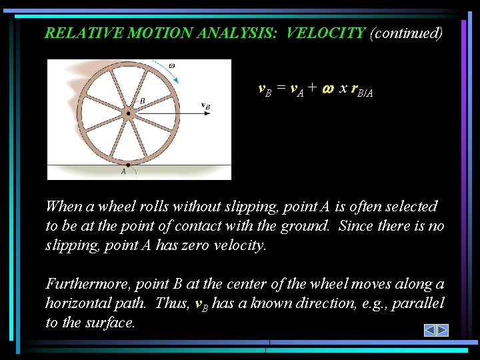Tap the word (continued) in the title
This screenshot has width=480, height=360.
(x=406, y=33)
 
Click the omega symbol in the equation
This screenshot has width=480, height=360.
(x=327, y=89)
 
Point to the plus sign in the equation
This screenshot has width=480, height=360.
(x=312, y=89)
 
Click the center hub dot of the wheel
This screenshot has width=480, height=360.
(x=129, y=113)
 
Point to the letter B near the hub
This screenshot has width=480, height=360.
(x=141, y=101)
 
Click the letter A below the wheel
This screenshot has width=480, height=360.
(x=123, y=171)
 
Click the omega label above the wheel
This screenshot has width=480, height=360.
(x=172, y=65)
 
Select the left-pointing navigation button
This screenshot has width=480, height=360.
(x=429, y=330)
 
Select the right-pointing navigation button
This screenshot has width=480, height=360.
(x=442, y=330)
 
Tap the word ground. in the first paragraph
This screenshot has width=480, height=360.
(x=306, y=226)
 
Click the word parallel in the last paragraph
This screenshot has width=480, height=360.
(x=419, y=303)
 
